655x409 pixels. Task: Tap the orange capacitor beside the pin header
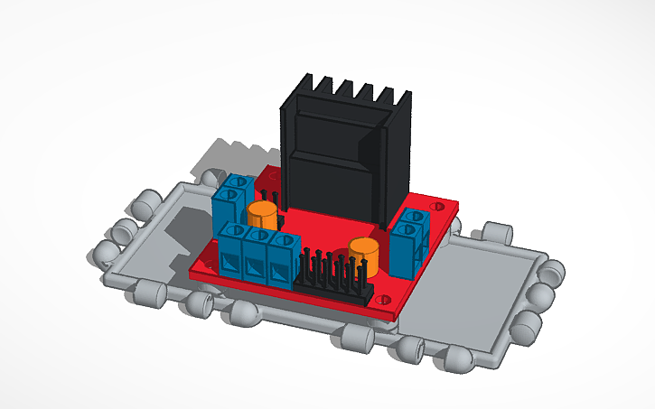(364, 256)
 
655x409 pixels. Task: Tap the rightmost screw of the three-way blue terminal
(285, 246)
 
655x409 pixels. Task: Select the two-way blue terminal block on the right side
(411, 239)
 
